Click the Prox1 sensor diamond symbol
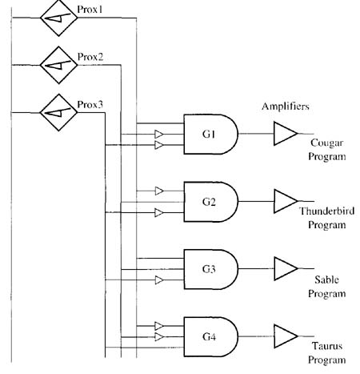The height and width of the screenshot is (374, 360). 59,18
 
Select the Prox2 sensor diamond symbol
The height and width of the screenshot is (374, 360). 59,65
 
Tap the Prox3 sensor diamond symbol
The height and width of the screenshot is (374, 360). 58,112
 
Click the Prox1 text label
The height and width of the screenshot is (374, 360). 90,10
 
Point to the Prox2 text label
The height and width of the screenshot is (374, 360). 90,57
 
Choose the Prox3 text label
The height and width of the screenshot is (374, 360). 90,105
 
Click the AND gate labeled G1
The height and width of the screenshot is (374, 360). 210,135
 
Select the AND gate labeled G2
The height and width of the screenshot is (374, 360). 210,202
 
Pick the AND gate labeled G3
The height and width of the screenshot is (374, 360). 210,269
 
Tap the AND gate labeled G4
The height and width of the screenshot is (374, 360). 210,337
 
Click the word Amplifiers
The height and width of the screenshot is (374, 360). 286,107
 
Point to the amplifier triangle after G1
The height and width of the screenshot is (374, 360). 286,134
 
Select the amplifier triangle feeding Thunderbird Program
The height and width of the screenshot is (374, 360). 286,201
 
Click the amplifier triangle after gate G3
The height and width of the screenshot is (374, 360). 286,268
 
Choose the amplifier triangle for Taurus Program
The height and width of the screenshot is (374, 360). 286,336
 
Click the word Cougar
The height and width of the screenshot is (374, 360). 326,143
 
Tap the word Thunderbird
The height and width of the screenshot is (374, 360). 327,211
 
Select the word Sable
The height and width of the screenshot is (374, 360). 326,279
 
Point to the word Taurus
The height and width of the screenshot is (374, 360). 327,346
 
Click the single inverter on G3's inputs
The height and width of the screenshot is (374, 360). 159,280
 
